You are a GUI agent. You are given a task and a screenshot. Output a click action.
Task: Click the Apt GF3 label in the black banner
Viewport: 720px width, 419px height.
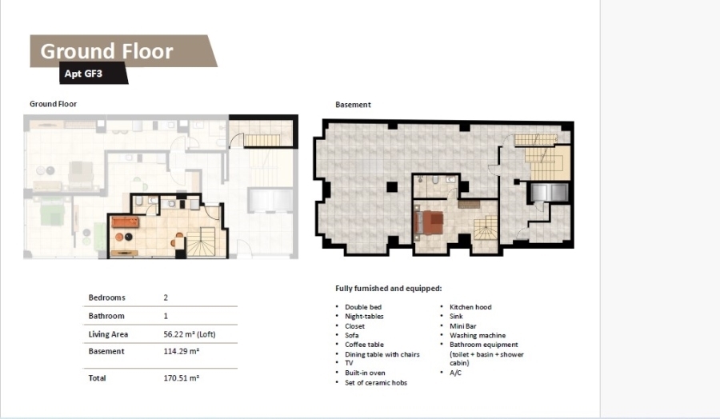click(x=83, y=74)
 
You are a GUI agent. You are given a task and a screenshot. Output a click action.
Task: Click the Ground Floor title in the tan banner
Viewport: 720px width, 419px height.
click(x=106, y=51)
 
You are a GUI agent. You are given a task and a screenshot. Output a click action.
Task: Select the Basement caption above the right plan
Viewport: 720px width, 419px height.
click(x=353, y=105)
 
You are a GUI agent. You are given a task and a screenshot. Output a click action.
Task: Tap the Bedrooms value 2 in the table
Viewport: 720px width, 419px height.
click(x=166, y=297)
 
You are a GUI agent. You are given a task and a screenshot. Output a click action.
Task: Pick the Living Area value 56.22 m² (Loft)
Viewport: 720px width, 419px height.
click(x=189, y=334)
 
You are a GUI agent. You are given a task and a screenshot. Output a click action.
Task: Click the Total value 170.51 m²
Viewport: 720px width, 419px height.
click(x=182, y=378)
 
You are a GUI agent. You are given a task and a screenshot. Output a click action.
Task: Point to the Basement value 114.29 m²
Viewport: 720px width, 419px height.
click(x=182, y=352)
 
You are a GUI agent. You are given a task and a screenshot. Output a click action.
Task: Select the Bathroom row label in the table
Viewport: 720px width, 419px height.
click(x=106, y=316)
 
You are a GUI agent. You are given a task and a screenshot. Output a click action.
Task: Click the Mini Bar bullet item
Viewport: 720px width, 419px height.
click(x=463, y=325)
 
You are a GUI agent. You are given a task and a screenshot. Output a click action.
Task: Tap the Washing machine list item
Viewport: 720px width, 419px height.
click(x=478, y=336)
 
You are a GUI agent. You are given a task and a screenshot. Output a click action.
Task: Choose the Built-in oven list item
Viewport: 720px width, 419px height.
click(x=365, y=373)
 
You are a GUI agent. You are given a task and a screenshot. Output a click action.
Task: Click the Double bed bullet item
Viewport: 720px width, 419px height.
click(x=363, y=307)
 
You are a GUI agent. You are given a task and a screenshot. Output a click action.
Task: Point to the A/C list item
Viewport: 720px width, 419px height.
click(x=455, y=373)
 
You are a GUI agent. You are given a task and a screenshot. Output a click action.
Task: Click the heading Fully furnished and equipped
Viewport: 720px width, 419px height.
click(x=389, y=288)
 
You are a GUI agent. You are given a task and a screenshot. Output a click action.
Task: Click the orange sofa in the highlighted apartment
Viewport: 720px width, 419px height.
click(x=126, y=222)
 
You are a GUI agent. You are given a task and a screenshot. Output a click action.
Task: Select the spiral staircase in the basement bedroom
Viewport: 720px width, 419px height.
click(x=486, y=228)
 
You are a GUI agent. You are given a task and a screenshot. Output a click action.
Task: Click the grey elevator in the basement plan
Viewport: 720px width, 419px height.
click(x=549, y=193)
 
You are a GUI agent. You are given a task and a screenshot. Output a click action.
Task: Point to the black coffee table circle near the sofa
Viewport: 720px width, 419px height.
click(x=129, y=237)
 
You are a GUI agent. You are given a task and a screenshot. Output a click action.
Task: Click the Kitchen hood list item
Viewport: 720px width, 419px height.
click(x=470, y=307)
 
